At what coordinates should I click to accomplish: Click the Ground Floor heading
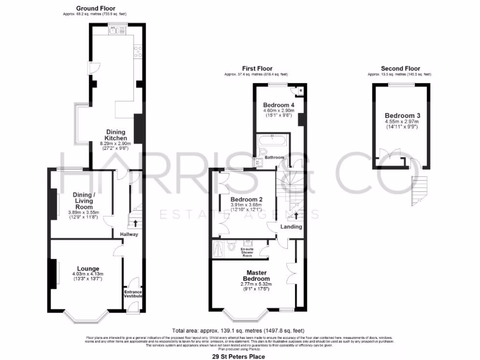tap(95, 8)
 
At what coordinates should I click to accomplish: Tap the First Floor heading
tap(256, 68)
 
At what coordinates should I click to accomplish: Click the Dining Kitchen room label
tap(115, 135)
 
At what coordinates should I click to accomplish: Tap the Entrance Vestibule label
tap(133, 293)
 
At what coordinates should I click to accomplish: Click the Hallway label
tap(128, 234)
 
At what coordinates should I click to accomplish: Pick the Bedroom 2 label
tap(246, 199)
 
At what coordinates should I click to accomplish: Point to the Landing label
tap(291, 227)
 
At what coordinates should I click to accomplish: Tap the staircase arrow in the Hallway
tap(135, 223)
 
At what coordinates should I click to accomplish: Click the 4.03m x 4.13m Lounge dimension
tap(87, 274)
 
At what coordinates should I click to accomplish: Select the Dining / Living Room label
tap(82, 200)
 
